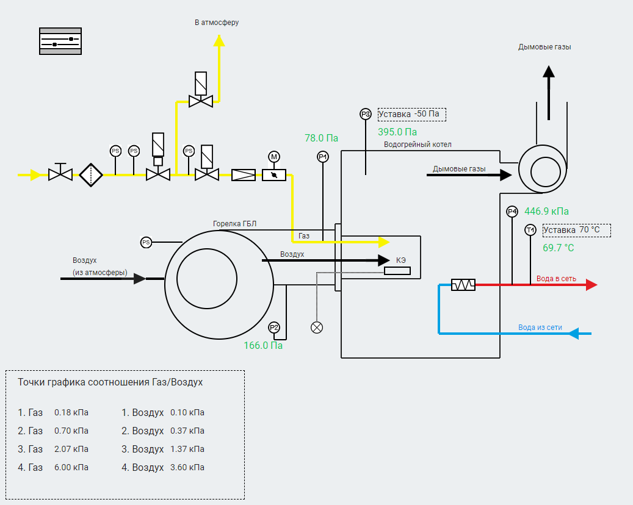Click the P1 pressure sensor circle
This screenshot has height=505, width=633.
322,157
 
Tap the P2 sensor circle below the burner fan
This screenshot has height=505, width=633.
274,328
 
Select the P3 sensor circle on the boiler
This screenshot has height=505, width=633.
366,115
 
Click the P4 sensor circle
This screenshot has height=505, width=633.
512,212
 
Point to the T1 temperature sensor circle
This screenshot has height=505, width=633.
530,230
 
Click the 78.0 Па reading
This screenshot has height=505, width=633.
321,138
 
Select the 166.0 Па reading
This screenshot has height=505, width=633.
263,345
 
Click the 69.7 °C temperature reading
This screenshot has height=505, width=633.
559,248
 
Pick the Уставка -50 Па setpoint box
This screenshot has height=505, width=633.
412,115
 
